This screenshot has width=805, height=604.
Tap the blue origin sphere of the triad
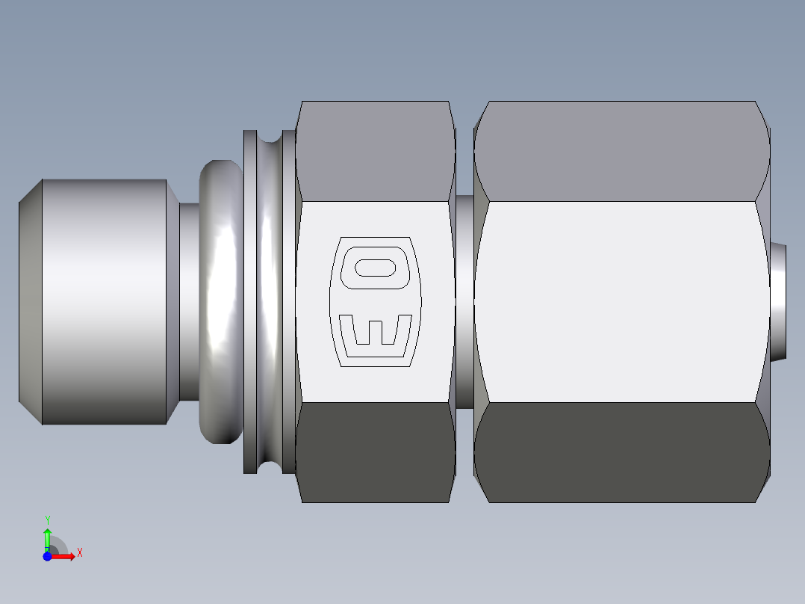pos(47,556)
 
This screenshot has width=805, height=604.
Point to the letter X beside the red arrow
pos(79,553)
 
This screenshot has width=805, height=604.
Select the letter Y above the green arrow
pos(47,520)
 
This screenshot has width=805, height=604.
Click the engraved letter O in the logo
pos(375,268)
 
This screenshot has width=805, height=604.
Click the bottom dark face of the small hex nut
pos(375,452)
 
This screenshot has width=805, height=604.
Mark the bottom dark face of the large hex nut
pos(621,452)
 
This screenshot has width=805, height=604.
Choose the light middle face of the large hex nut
pos(621,302)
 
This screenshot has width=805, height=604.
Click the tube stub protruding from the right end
pos(779,302)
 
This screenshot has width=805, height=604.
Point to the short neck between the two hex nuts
pos(464,302)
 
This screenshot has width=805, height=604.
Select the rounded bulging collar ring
pos(221,302)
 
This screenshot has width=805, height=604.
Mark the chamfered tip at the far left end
pos(30,302)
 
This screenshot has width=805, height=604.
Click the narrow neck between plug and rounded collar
pos(189,302)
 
